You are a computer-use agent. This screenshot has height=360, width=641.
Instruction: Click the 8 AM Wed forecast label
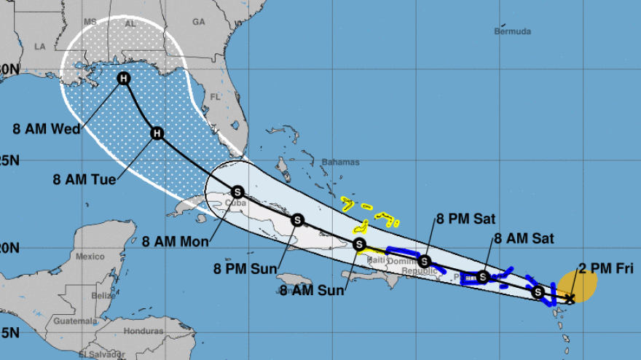tap(47, 130)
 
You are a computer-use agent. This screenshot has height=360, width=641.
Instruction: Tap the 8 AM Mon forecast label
tap(176, 240)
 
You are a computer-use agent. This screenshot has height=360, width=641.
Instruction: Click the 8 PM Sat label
tap(467, 217)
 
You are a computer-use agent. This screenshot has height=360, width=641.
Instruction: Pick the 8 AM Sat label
tap(524, 238)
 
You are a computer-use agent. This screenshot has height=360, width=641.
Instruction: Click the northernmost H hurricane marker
tap(124, 79)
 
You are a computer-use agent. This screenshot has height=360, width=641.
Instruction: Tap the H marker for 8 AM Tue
tap(157, 133)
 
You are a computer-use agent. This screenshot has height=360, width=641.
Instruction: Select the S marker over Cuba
tap(237, 192)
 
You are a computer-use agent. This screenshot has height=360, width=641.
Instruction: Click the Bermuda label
tap(512, 31)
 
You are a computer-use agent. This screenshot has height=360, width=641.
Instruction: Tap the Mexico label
tap(90, 257)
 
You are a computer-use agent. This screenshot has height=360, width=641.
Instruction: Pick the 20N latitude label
tap(9, 248)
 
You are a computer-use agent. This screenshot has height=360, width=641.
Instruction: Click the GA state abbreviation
tap(199, 22)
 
